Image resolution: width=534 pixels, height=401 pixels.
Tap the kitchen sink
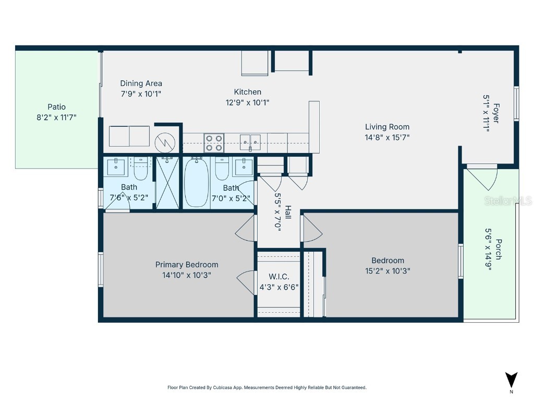click(x=250, y=139)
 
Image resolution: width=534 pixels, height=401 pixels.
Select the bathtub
click(x=196, y=183)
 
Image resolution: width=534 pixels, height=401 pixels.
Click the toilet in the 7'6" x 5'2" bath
click(x=141, y=168)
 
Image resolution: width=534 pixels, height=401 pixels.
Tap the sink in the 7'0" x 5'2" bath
click(x=242, y=168)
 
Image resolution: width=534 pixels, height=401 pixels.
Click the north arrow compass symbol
click(x=511, y=380)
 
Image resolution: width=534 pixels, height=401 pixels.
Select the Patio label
click(x=56, y=107)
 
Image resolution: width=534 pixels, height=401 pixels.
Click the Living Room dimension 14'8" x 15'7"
click(x=387, y=137)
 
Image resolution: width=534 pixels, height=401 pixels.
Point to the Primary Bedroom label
click(x=187, y=265)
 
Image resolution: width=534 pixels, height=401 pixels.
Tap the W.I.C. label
click(x=278, y=277)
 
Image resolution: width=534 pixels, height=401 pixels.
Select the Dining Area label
click(x=141, y=83)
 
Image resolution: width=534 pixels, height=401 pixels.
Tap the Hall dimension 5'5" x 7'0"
click(x=278, y=212)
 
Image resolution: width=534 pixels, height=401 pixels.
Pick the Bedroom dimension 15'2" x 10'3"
click(x=387, y=271)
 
